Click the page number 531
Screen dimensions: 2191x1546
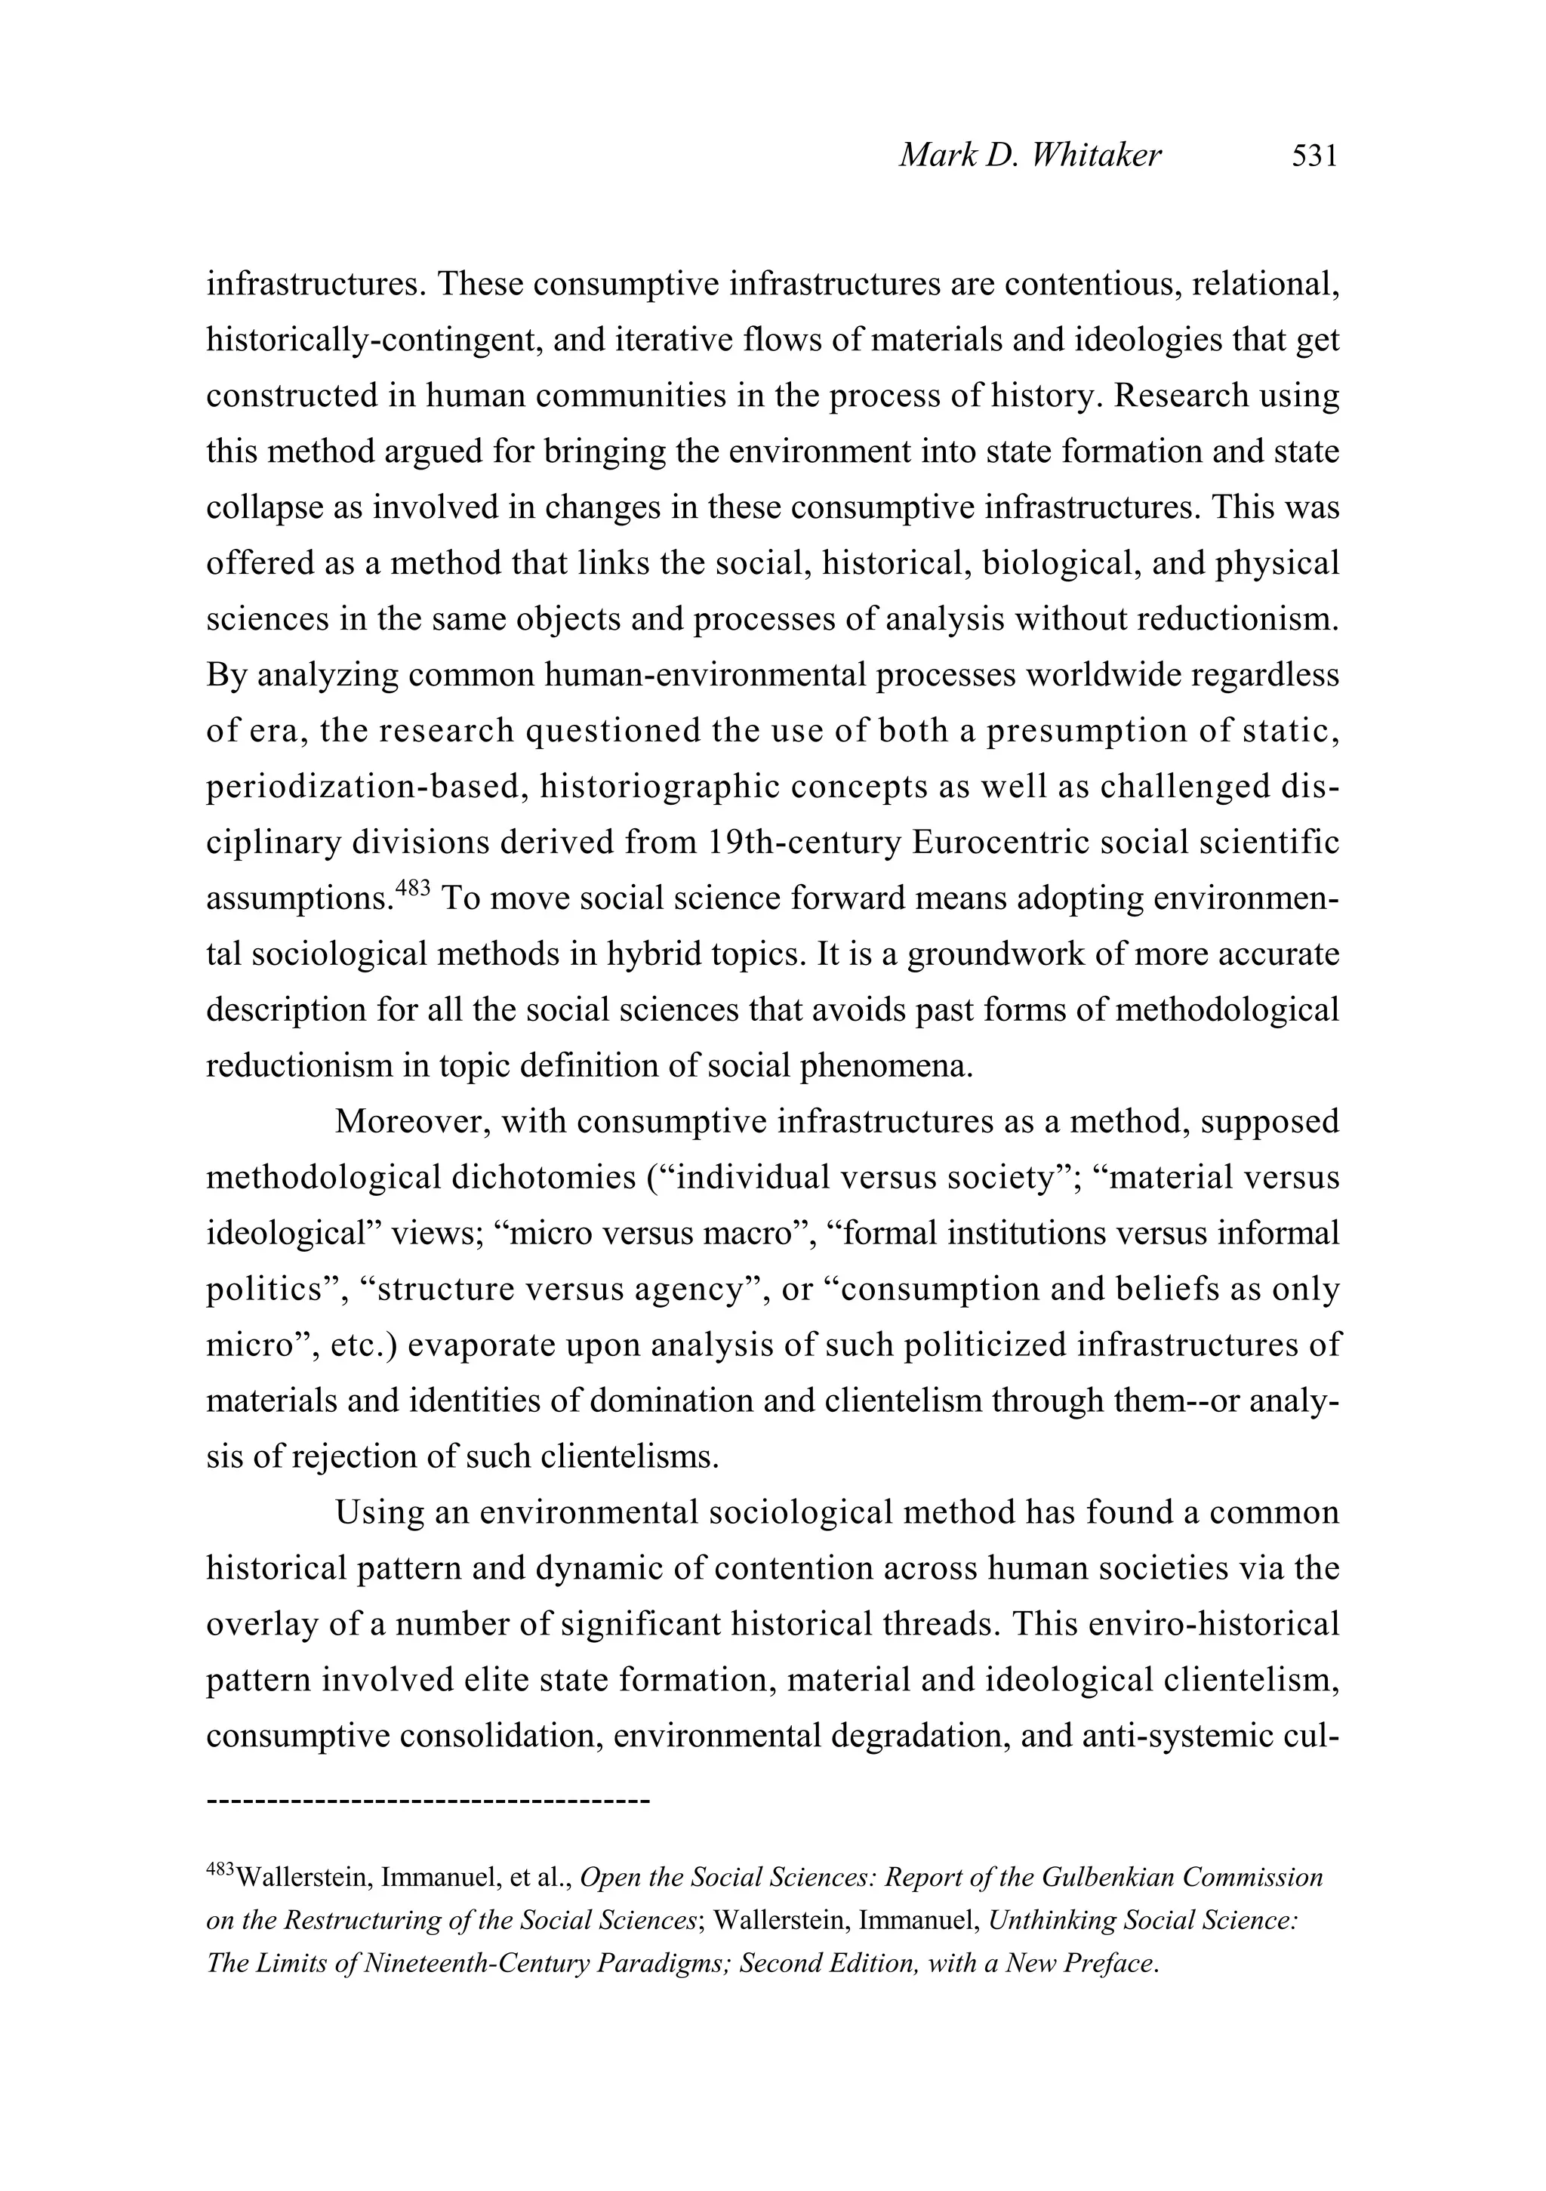pyautogui.click(x=1314, y=155)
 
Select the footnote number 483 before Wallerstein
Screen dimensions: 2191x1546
pyautogui.click(x=220, y=1872)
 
